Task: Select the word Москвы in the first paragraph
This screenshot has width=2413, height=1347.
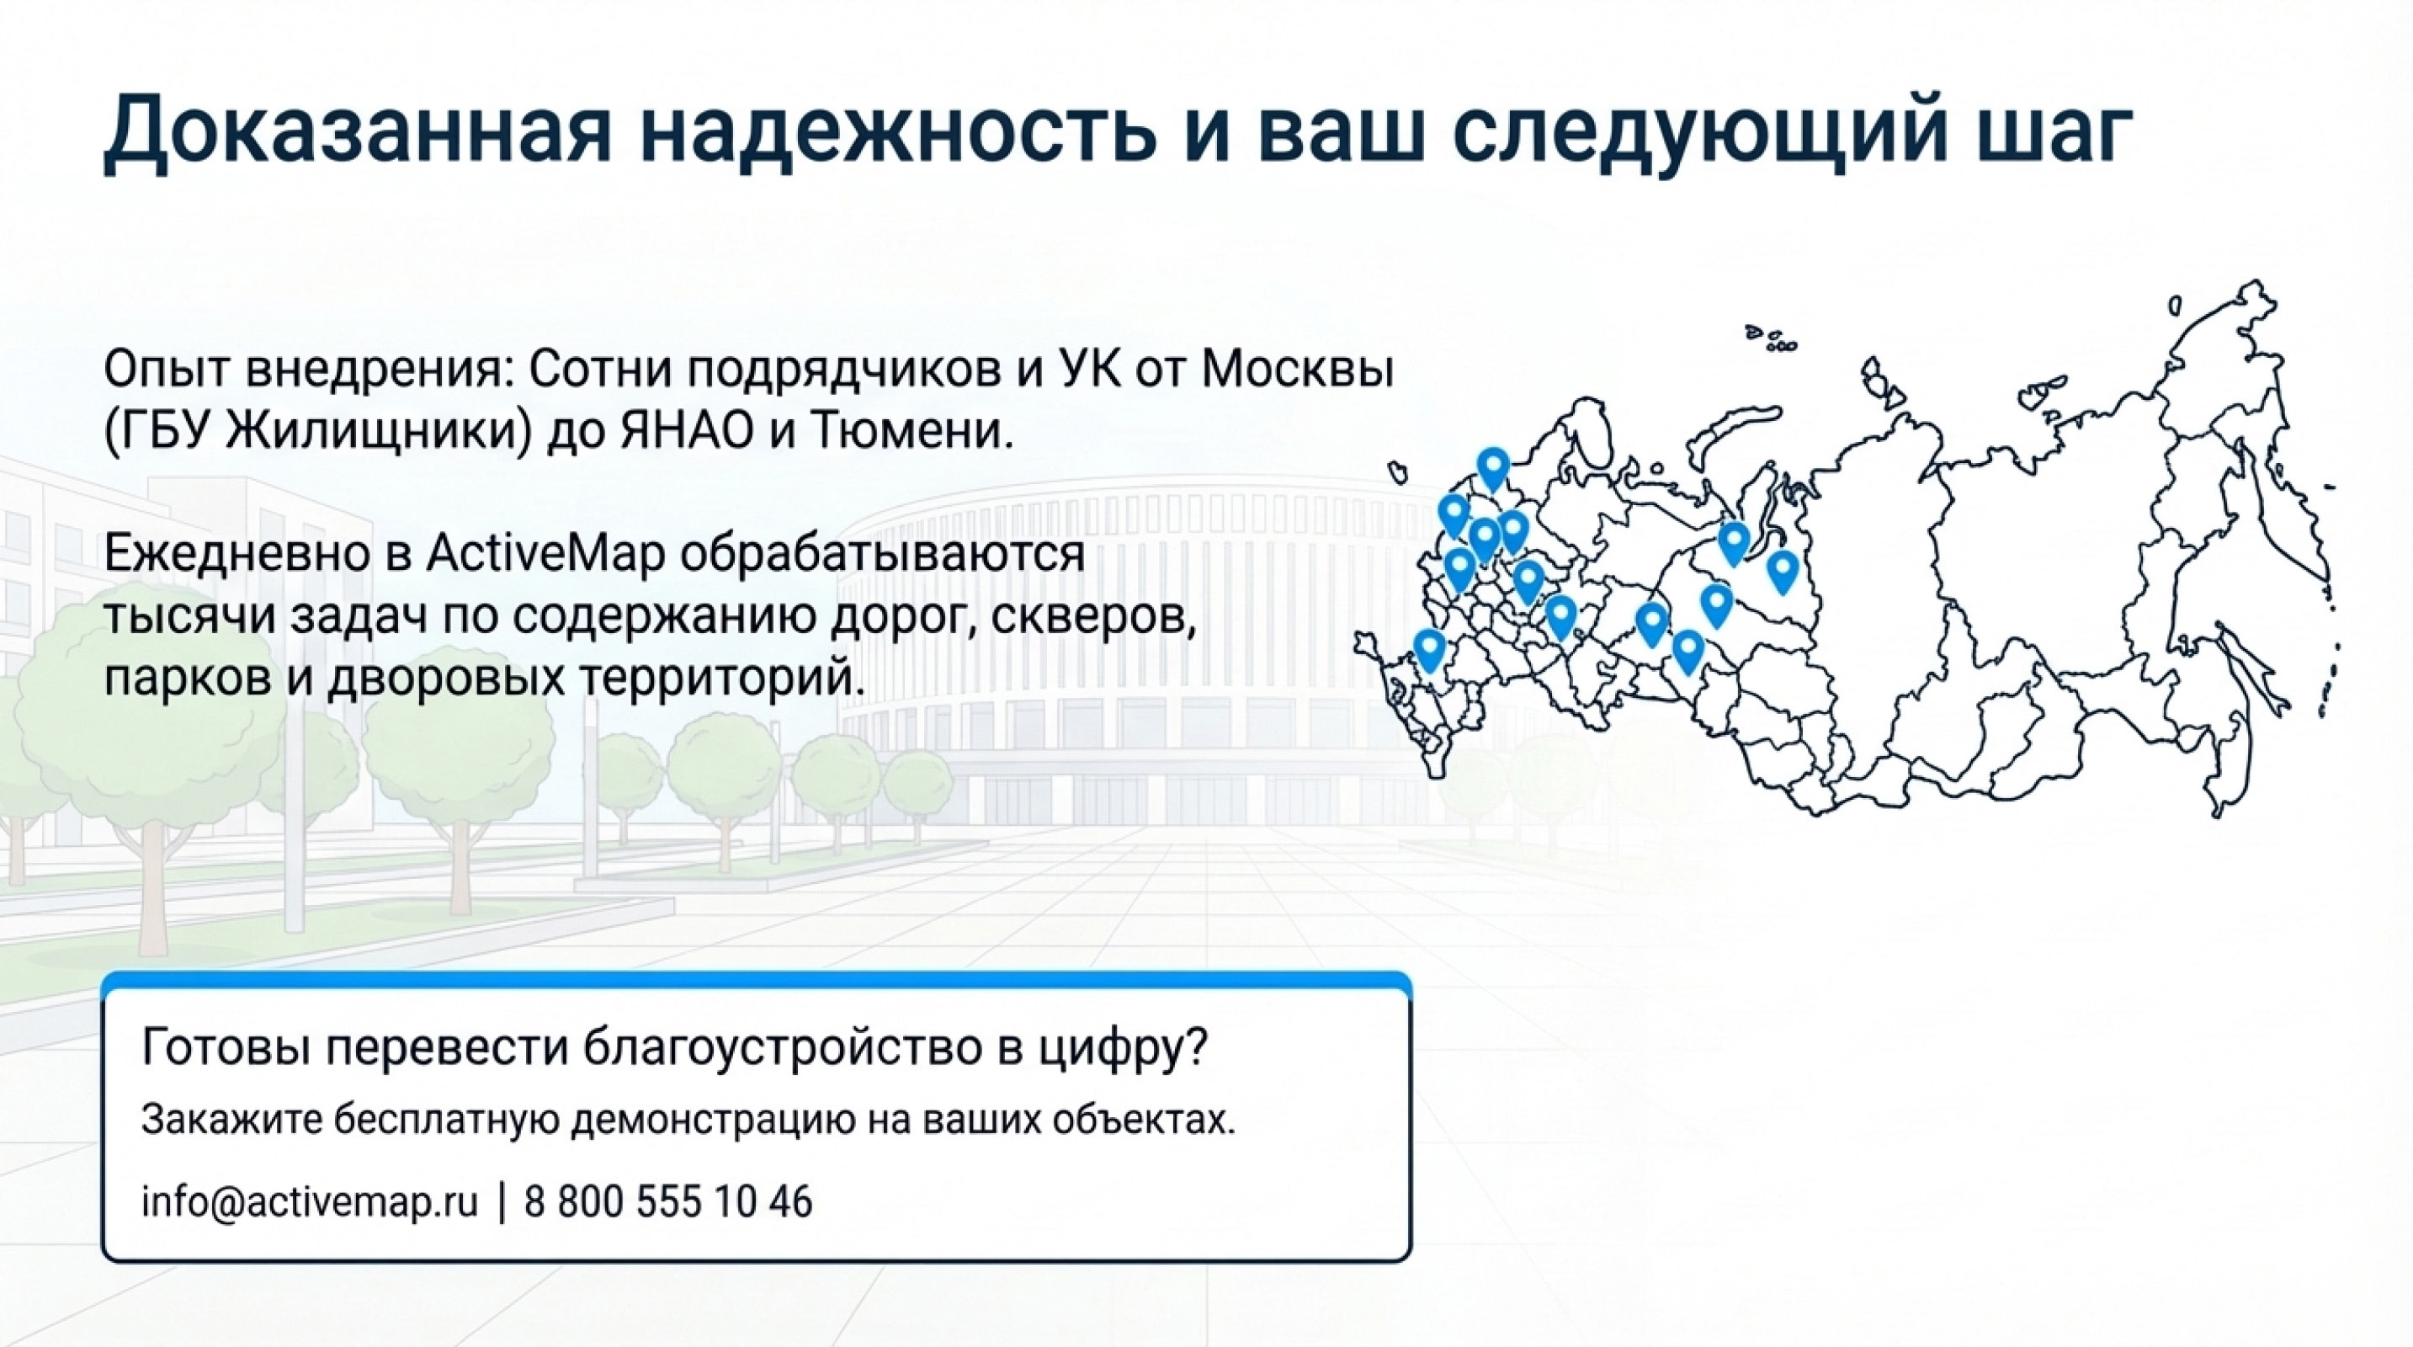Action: [1297, 371]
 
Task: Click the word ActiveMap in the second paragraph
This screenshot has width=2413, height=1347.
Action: [545, 554]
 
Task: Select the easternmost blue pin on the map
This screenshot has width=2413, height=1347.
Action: [1782, 568]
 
